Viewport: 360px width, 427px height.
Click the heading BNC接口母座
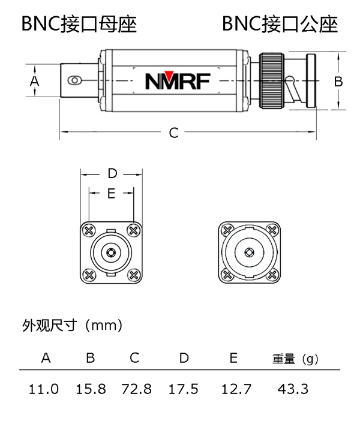[79, 24]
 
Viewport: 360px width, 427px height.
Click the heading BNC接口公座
[280, 24]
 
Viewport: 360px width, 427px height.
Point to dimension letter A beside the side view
[34, 80]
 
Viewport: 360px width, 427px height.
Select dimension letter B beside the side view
[338, 80]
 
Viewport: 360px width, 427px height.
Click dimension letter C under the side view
[173, 133]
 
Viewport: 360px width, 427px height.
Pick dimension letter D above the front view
[112, 174]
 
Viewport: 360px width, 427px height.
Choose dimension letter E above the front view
[111, 193]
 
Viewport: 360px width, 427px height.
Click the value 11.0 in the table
[44, 389]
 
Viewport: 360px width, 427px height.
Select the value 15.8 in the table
[91, 389]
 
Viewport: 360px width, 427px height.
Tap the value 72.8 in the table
[136, 389]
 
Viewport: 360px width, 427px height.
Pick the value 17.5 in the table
[184, 389]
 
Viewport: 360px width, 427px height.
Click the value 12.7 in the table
[233, 389]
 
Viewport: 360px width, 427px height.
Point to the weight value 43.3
[293, 389]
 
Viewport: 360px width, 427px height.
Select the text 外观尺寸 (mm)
[72, 326]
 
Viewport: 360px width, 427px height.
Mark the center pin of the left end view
[111, 252]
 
